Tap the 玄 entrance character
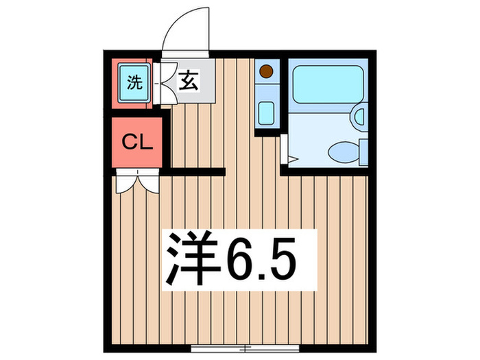coord(189,82)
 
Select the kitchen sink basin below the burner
coord(267,112)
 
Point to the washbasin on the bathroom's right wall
coord(359,117)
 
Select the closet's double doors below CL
coord(137,182)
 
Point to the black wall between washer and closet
coord(137,113)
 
